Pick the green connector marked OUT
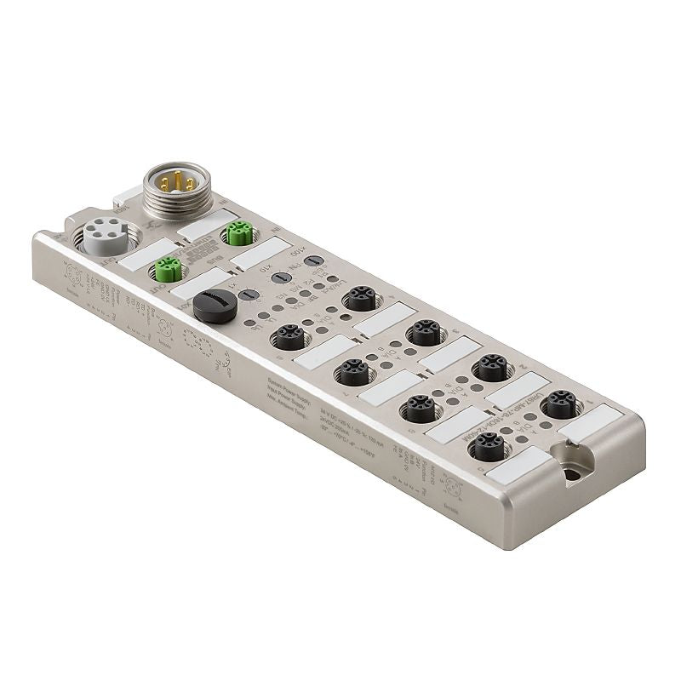[166, 269]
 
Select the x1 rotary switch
[249, 295]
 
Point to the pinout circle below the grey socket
[74, 275]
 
